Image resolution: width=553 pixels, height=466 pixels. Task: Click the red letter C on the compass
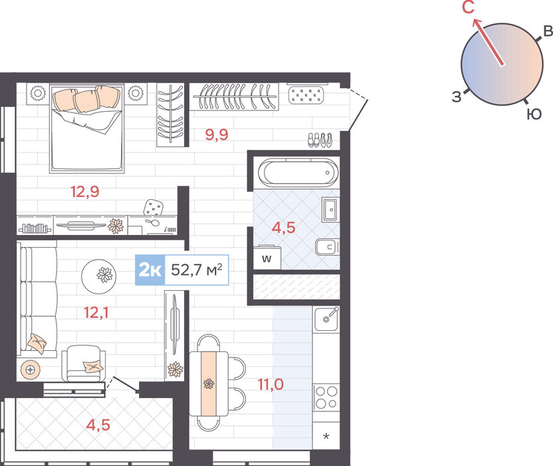point(469,7)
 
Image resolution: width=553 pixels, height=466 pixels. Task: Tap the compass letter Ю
point(534,114)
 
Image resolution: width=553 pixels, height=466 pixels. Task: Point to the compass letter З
point(457,97)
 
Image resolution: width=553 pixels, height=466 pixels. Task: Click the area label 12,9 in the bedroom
point(85,192)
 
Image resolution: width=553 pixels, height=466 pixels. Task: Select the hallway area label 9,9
point(217,134)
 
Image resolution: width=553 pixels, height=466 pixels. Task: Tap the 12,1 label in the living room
point(96,313)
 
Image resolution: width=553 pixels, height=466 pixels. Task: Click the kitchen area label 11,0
point(271,384)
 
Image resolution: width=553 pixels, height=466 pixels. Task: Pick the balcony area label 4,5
point(98,425)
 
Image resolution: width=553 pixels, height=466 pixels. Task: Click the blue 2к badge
point(150,270)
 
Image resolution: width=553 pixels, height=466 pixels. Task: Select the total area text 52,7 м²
point(197,270)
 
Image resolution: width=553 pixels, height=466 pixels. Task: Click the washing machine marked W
point(267,258)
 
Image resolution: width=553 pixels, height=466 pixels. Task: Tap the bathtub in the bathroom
point(298,172)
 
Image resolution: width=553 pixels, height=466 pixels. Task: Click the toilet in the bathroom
point(327,247)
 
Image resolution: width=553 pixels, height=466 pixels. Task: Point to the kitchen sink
point(326,319)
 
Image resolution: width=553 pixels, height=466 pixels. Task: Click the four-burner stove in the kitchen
point(326,397)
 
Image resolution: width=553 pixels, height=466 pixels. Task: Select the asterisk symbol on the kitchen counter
point(326,436)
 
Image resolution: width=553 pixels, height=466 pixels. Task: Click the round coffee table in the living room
point(99,277)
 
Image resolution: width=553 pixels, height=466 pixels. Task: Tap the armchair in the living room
point(84,363)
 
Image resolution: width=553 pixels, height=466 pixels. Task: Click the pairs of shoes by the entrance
point(320,140)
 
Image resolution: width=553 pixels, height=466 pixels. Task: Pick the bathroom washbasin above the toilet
point(330,210)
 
